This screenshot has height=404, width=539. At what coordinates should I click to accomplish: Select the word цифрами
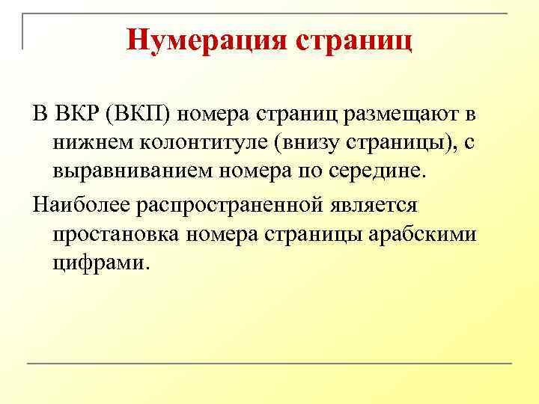[x=101, y=263]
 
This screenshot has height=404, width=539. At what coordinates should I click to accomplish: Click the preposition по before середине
[x=304, y=171]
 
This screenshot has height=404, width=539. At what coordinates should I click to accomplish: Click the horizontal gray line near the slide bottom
[x=269, y=364]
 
